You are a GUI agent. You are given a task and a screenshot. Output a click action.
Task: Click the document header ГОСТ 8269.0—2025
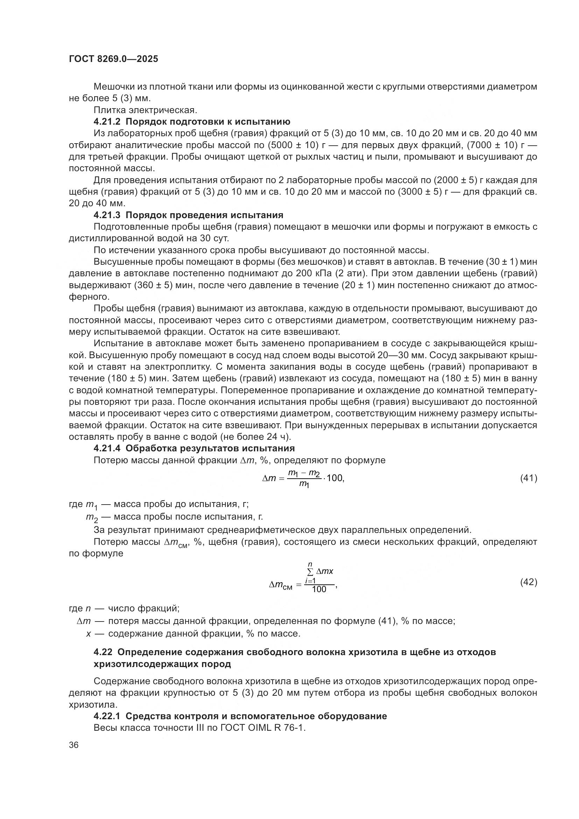pyautogui.click(x=113, y=59)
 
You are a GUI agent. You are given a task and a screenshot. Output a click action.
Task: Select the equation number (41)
pyautogui.click(x=528, y=478)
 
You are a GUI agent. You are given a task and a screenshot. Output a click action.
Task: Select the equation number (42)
pyautogui.click(x=528, y=582)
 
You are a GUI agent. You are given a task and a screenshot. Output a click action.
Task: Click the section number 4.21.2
pyautogui.click(x=107, y=122)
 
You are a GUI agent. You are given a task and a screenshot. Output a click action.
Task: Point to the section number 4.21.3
pyautogui.click(x=107, y=215)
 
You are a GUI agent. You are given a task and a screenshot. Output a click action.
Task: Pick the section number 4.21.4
pyautogui.click(x=107, y=449)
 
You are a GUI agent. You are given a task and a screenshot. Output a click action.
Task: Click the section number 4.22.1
pyautogui.click(x=107, y=716)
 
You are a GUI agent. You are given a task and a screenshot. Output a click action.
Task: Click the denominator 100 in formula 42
pyautogui.click(x=319, y=589)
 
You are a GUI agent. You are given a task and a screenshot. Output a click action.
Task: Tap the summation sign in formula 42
pyautogui.click(x=310, y=571)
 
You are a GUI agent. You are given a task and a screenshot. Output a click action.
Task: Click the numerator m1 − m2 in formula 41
pyautogui.click(x=304, y=473)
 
